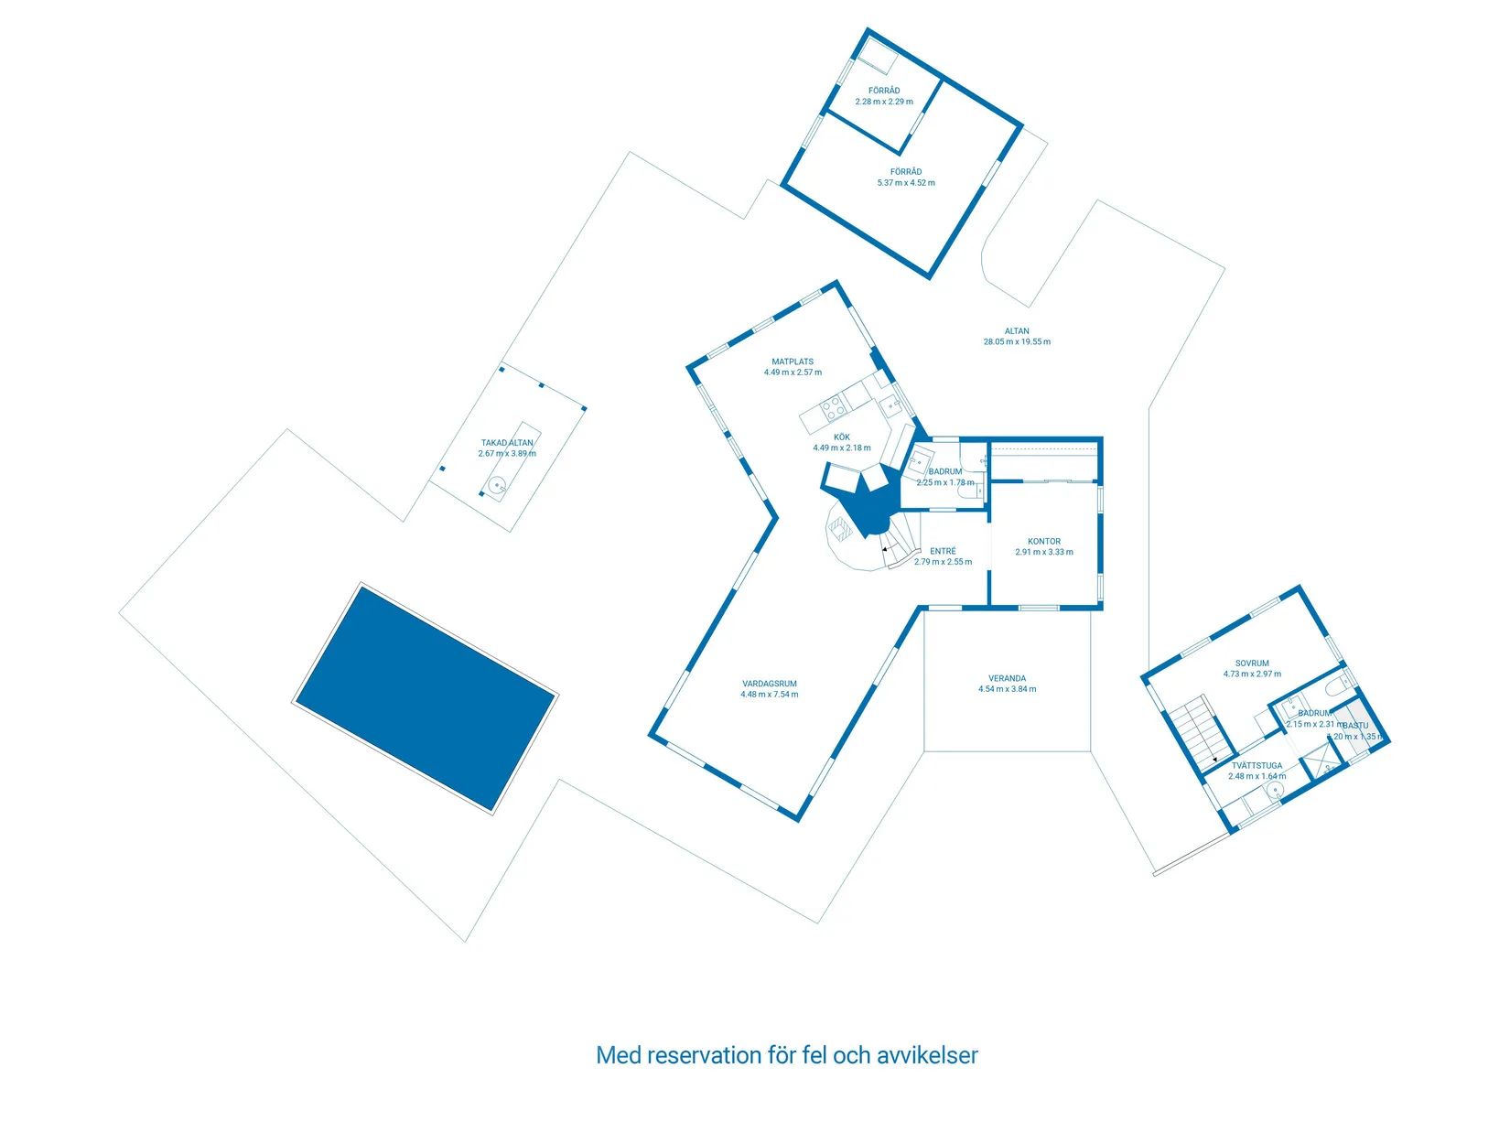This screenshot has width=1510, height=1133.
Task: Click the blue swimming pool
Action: pyautogui.click(x=426, y=697)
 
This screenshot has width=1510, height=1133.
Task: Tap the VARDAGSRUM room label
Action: pyautogui.click(x=769, y=684)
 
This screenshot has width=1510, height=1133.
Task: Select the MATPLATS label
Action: pyautogui.click(x=793, y=361)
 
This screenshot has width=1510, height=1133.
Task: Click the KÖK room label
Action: pyautogui.click(x=842, y=437)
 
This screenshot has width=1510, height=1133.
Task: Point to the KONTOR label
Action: pyautogui.click(x=1044, y=542)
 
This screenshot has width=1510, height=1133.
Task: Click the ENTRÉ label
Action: pyautogui.click(x=943, y=551)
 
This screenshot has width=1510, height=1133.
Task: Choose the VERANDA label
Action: pyautogui.click(x=1007, y=679)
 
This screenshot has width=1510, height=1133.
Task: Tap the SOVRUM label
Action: pyautogui.click(x=1252, y=664)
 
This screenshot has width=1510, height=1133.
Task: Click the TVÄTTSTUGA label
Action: pyautogui.click(x=1257, y=766)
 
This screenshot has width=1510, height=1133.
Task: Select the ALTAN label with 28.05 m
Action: pyautogui.click(x=1017, y=331)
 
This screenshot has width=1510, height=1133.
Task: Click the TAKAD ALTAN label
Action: pyautogui.click(x=507, y=443)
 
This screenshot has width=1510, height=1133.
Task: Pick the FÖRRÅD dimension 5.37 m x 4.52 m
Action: pyautogui.click(x=906, y=183)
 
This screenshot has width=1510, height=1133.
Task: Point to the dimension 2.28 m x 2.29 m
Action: pyautogui.click(x=884, y=102)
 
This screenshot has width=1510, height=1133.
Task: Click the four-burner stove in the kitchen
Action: pyautogui.click(x=834, y=406)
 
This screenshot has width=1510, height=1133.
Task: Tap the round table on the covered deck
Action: pyautogui.click(x=496, y=485)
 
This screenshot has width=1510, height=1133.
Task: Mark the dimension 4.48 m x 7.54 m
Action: pyautogui.click(x=769, y=695)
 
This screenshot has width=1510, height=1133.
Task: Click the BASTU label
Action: pyautogui.click(x=1355, y=726)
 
